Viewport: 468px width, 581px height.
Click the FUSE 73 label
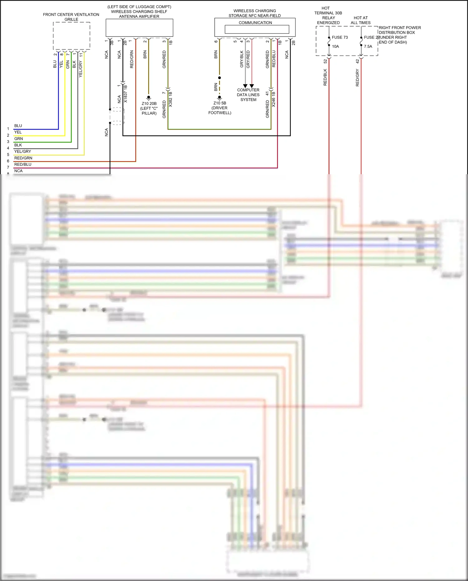coord(339,37)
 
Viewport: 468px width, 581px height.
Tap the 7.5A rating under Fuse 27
coord(368,47)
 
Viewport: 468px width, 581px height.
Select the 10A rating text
coord(335,47)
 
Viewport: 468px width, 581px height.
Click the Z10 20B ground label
coord(149,104)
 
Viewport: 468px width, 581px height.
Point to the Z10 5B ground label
coord(220,103)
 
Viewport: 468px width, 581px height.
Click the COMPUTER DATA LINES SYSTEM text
coord(248,95)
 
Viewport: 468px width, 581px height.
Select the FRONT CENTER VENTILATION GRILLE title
coord(71,17)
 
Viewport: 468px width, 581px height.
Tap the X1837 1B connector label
coord(126,94)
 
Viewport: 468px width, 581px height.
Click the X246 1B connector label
coord(274,99)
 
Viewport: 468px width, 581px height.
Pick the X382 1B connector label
coord(171,99)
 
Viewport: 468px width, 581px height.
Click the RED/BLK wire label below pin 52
coord(325,77)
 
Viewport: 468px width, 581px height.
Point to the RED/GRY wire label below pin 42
coord(358,78)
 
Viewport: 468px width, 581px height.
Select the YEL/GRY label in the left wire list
coord(22,151)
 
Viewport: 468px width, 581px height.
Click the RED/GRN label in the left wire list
coord(23,158)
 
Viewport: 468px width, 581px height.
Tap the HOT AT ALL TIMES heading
coord(361,20)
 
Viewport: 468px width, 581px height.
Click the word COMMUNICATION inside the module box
coord(255,23)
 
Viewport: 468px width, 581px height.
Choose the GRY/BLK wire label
coord(241,59)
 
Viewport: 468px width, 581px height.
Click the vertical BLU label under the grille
coord(55,64)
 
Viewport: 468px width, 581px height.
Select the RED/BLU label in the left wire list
coord(23,165)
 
